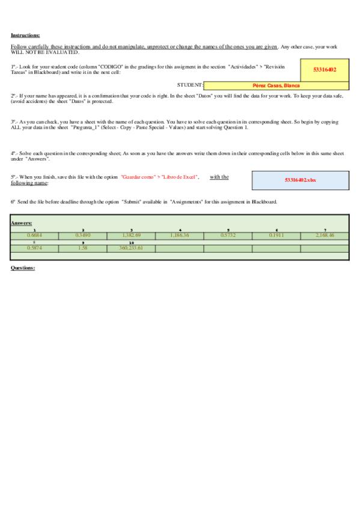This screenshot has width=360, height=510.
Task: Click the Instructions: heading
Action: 25,35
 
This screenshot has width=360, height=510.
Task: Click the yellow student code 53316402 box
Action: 325,70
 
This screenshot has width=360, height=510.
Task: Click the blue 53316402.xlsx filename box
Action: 300,180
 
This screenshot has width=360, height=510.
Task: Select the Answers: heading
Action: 21,223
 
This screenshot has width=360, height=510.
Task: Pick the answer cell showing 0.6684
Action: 35,235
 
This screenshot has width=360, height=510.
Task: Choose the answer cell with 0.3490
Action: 83,235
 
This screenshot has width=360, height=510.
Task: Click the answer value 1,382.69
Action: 131,235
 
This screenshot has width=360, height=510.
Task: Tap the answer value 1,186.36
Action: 180,235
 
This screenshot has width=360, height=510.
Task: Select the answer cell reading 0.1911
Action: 276,235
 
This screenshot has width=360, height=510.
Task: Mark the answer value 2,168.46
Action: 325,235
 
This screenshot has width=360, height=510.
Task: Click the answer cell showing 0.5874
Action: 35,248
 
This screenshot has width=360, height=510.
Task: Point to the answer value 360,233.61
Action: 131,248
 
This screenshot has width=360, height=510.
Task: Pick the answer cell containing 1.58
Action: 83,248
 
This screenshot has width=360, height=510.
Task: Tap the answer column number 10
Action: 131,242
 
